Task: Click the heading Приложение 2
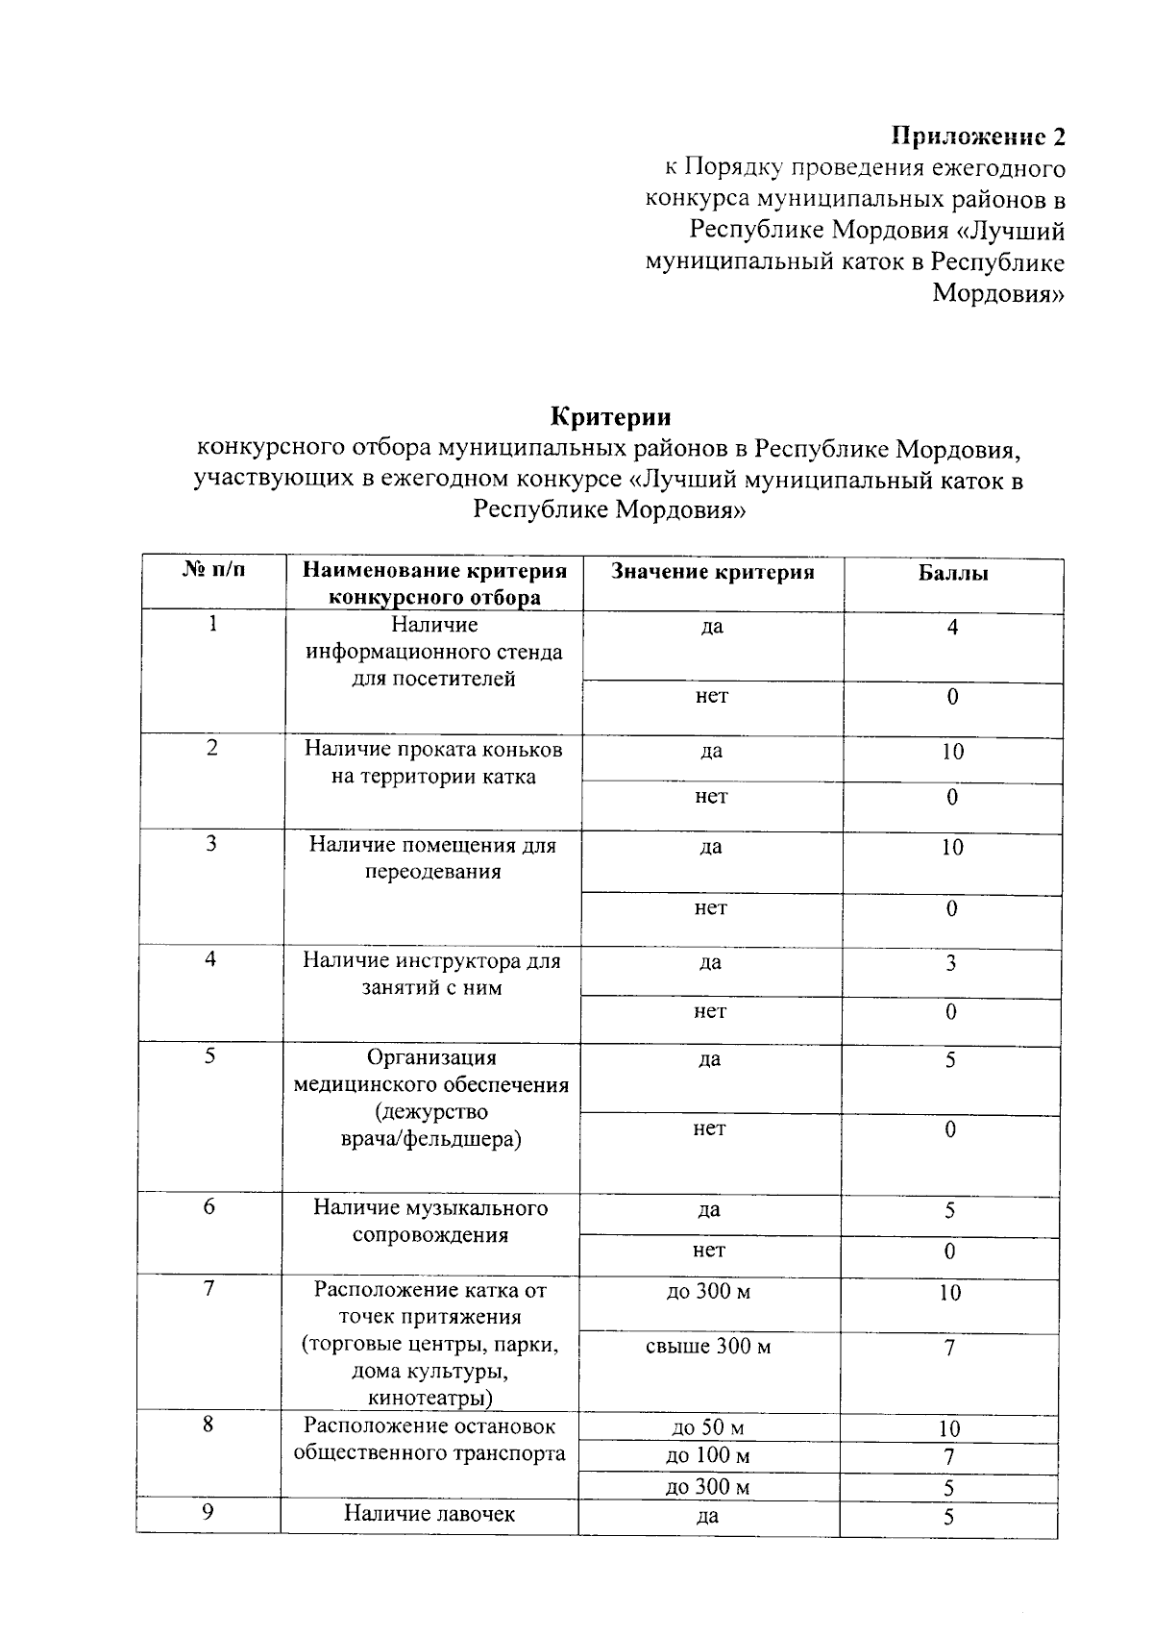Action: pos(978,136)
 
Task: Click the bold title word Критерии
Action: pos(610,417)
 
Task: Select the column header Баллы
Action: pos(952,574)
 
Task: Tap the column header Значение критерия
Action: pos(712,572)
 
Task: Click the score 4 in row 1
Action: pos(952,628)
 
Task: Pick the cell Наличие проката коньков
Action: pos(433,762)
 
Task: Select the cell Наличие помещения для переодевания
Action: pos(432,858)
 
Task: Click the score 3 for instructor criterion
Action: pos(950,964)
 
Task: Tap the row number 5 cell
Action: pos(209,1056)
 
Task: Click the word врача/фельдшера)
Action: pos(431,1139)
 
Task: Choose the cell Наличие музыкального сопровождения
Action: pos(430,1221)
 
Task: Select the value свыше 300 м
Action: pos(708,1347)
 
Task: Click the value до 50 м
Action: pos(708,1427)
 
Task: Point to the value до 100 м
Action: pos(708,1456)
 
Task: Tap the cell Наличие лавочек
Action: pos(429,1514)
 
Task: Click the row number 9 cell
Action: pos(208,1512)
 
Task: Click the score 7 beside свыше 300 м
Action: pos(949,1348)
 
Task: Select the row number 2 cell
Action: pos(211,748)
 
